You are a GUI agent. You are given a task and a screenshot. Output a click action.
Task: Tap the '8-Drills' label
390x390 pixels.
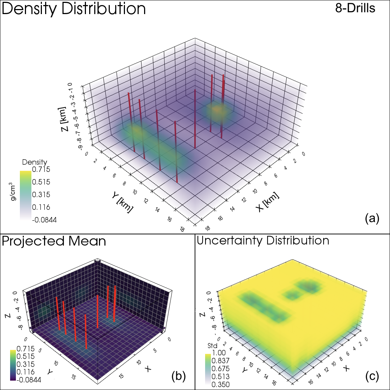pos(355,9)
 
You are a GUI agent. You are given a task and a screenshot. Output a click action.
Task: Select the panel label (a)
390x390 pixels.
pos(372,218)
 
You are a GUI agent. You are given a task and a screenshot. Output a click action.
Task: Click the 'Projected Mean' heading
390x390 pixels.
pos(54,241)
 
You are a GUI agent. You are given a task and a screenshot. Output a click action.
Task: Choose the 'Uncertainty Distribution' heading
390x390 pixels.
pos(263,240)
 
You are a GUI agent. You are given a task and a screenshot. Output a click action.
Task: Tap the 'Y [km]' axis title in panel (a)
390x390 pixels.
pos(122,202)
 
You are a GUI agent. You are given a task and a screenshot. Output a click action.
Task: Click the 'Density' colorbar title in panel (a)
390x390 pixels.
pos(35,162)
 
